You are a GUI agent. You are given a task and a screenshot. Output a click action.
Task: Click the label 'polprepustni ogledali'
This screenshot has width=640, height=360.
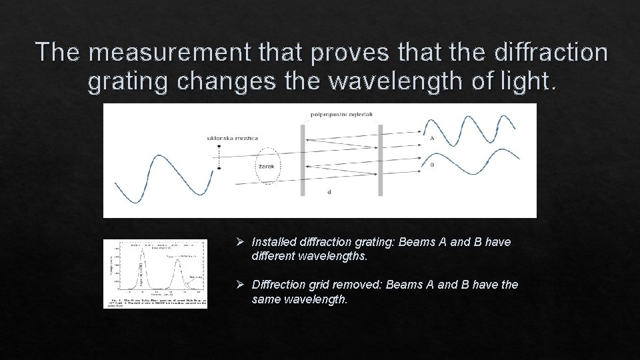pos(341,114)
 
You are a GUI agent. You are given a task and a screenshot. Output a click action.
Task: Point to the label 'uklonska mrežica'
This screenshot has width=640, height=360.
pos(233,138)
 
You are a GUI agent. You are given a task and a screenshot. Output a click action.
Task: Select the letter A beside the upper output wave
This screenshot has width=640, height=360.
pos(432,139)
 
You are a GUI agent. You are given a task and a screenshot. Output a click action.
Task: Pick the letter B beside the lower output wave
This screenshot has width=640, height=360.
pos(432,165)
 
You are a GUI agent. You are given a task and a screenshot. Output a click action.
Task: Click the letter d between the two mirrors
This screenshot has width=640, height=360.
pos(329,192)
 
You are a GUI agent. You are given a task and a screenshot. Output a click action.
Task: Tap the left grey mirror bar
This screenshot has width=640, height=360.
pos(303,160)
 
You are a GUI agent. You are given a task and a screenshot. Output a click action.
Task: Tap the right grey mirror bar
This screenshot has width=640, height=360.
pos(380,160)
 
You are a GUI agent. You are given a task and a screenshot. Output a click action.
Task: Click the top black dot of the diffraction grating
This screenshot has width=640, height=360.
pos(219,147)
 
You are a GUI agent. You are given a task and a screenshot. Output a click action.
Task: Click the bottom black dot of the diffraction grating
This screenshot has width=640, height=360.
pos(219,169)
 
